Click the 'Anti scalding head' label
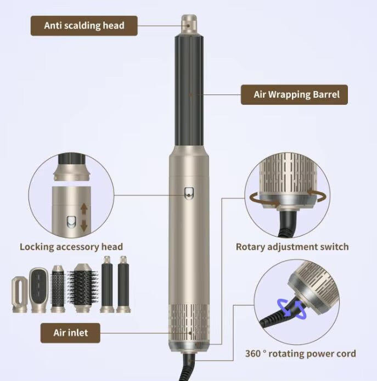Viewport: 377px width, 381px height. point(84,25)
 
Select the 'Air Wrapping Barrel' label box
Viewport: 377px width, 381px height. point(296,94)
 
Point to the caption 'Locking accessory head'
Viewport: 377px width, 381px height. point(71,246)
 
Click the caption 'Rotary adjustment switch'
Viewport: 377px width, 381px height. point(292,246)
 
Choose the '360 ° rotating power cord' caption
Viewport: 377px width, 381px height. point(301,354)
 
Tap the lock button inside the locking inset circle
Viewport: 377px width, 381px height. point(71,222)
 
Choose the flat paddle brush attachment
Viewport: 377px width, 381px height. point(38,289)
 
